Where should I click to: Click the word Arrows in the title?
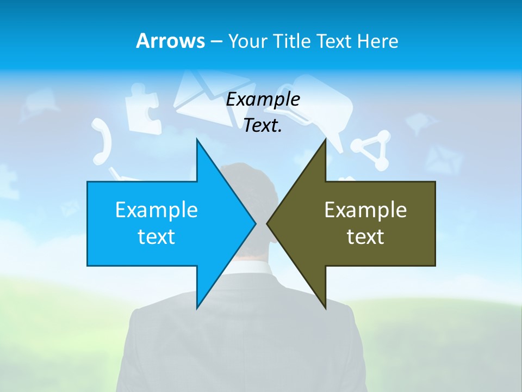pyautogui.click(x=170, y=41)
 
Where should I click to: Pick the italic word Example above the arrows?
pyautogui.click(x=263, y=100)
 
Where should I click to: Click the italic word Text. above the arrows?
pyautogui.click(x=263, y=126)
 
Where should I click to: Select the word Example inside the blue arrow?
pyautogui.click(x=157, y=210)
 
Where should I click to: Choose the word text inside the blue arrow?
pyautogui.click(x=157, y=236)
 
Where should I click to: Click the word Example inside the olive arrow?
pyautogui.click(x=365, y=210)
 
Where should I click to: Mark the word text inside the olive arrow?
pyautogui.click(x=365, y=236)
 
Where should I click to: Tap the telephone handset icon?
pyautogui.click(x=102, y=141)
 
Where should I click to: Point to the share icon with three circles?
pyautogui.click(x=371, y=149)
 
